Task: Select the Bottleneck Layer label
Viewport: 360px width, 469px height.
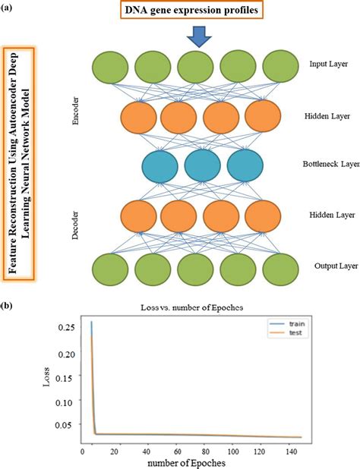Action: (x=328, y=163)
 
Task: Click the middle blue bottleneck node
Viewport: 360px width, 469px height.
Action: (x=202, y=165)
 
